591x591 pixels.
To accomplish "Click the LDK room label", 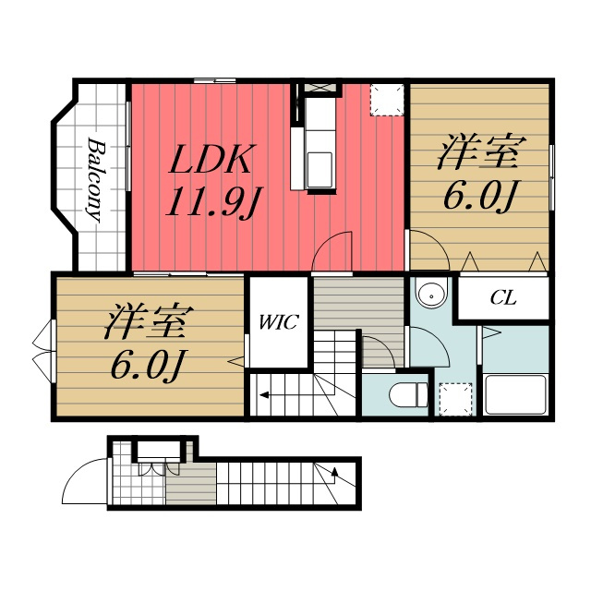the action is pyautogui.click(x=210, y=159).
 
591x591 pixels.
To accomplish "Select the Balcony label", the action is pyautogui.click(x=95, y=180).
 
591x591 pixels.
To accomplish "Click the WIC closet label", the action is pyautogui.click(x=279, y=322).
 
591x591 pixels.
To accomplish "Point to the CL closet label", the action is pyautogui.click(x=503, y=298).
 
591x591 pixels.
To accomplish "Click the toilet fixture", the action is pyautogui.click(x=408, y=395).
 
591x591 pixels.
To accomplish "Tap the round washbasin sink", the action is pyautogui.click(x=431, y=293).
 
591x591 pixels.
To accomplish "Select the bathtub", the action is pyautogui.click(x=515, y=394).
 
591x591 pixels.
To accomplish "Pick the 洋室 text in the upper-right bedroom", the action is pyautogui.click(x=481, y=151).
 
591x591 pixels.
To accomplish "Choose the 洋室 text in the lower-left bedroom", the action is pyautogui.click(x=149, y=321).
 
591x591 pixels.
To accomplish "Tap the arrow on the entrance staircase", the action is pyautogui.click(x=334, y=472).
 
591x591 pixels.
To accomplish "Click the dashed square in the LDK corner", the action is pyautogui.click(x=387, y=100).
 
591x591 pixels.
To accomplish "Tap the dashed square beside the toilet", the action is pyautogui.click(x=455, y=399).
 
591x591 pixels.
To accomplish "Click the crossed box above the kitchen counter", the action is pyautogui.click(x=320, y=88).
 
